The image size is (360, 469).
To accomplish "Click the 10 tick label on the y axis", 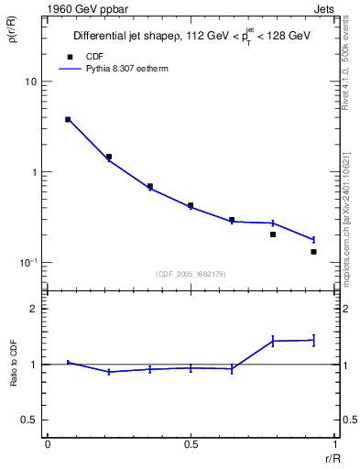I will tap(30, 82).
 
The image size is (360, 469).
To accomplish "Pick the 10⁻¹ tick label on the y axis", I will tap(27, 262).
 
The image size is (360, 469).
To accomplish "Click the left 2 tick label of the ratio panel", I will tap(32, 309).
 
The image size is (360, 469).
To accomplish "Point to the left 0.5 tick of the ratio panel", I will tap(28, 420).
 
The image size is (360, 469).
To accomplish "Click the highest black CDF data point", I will tap(68, 119).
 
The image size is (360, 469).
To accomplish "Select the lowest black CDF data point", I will tap(313, 251).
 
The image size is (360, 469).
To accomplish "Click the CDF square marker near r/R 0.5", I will tap(191, 206).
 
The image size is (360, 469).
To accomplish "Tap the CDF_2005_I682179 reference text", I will tap(191, 272).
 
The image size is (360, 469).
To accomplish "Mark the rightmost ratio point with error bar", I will tap(313, 340).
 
